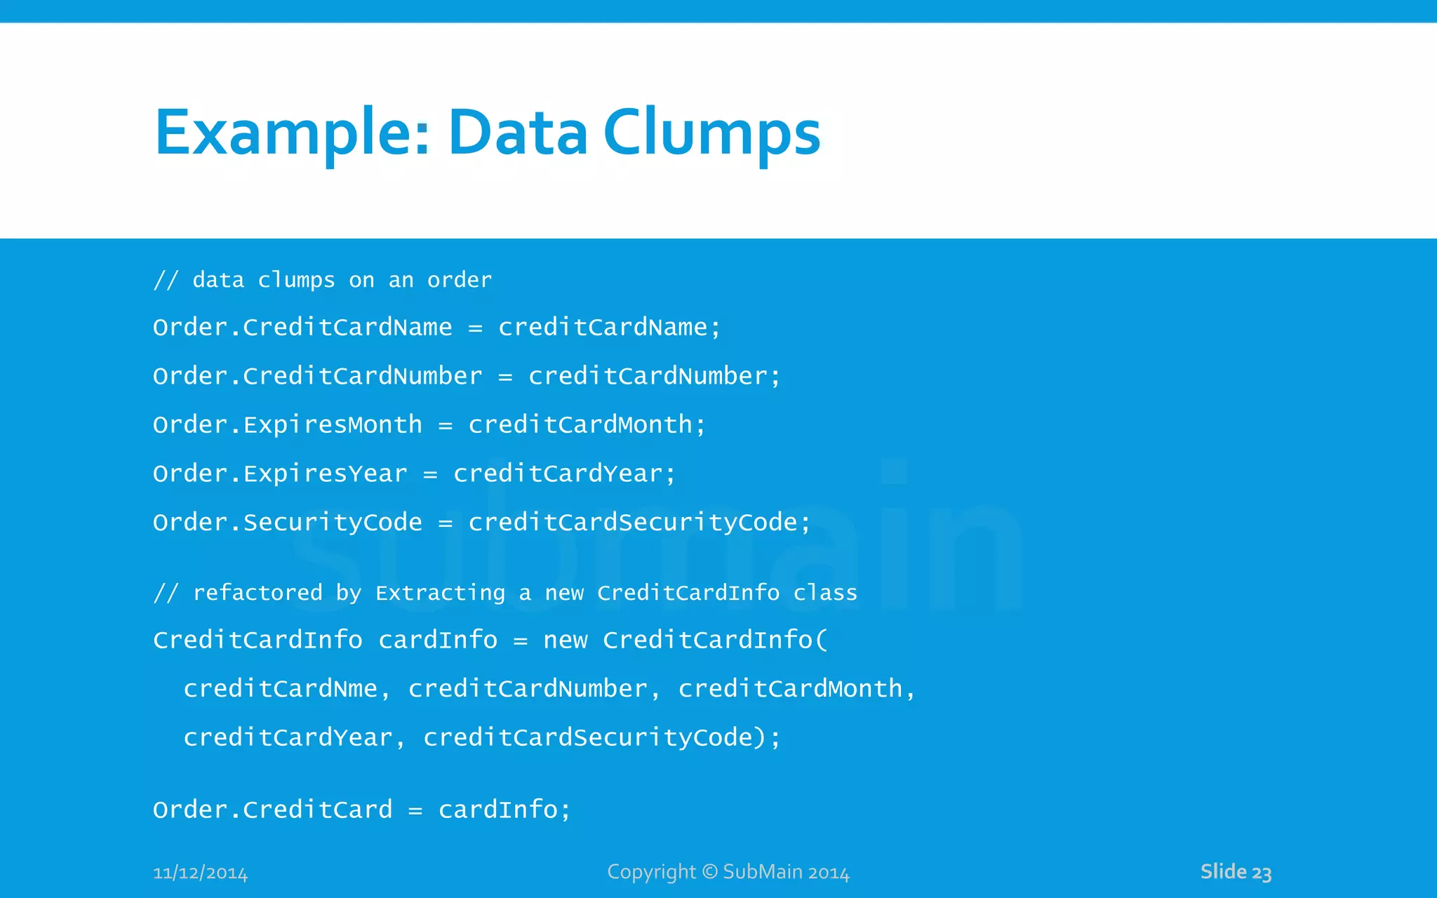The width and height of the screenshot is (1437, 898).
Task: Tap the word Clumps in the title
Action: [711, 133]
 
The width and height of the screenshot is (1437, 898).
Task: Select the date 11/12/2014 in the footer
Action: [200, 873]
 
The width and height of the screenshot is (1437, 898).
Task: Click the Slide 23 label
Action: [1236, 872]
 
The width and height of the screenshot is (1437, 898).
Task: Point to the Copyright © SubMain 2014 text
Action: [728, 872]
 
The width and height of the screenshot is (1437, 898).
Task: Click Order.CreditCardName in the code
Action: [302, 328]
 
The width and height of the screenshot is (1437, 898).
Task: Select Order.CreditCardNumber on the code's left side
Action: [317, 377]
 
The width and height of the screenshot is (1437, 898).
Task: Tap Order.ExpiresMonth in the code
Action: [288, 425]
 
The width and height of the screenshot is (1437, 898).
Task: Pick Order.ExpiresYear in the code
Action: [280, 474]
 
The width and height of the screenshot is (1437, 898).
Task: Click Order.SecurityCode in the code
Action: [288, 523]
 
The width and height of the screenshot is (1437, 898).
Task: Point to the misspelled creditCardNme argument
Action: [281, 689]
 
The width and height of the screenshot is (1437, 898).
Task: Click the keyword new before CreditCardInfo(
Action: [565, 641]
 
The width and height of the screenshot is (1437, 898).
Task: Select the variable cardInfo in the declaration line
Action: [438, 641]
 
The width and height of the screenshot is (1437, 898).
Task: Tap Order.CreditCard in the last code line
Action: [272, 810]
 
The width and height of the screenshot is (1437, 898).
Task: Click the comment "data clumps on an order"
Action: [342, 281]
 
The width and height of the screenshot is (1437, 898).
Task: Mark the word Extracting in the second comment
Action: [440, 594]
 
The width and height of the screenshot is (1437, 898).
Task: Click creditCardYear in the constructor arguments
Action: [288, 738]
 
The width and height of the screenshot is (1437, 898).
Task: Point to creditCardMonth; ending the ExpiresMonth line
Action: [587, 425]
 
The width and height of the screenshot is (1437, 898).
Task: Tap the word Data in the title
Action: [518, 133]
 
